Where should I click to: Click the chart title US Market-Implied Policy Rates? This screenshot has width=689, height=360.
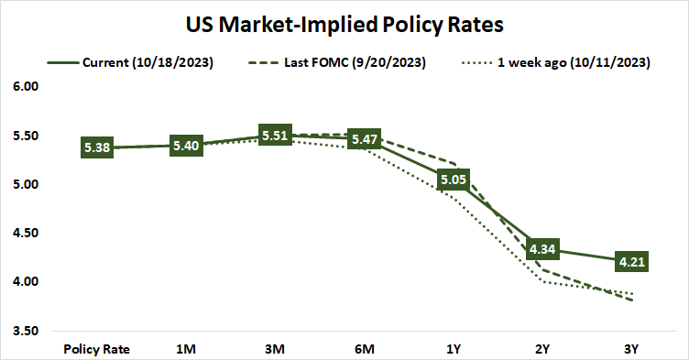(x=344, y=22)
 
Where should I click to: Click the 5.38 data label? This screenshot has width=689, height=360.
(x=97, y=147)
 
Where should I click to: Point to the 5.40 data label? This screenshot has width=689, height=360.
(x=187, y=146)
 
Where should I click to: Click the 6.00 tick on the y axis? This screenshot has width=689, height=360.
(x=27, y=87)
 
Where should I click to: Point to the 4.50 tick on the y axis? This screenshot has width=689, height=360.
(x=27, y=233)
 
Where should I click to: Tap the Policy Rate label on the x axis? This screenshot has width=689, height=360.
(x=97, y=349)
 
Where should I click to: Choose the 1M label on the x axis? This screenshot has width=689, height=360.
(x=187, y=349)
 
